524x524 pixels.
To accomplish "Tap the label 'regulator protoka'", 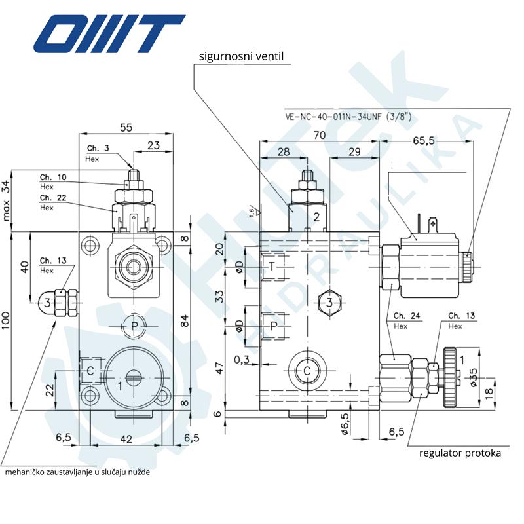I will (460, 452).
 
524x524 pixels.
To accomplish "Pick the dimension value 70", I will (320, 136).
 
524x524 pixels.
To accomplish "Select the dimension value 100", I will (6, 320).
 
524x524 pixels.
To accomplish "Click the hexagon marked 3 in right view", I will (329, 303).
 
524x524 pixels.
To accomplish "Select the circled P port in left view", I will (134, 325).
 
